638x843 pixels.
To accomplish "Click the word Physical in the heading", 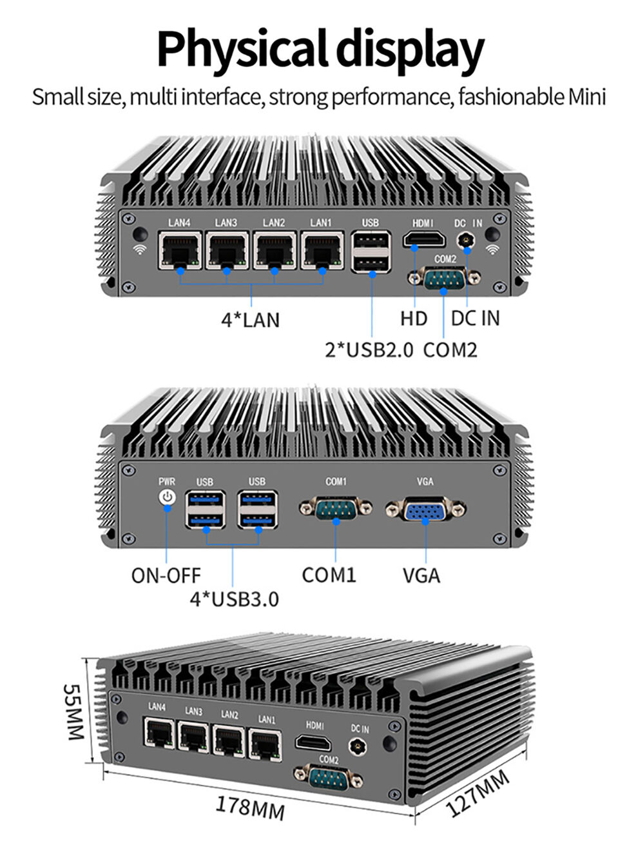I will [244, 50].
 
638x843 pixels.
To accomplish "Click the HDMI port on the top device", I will [424, 241].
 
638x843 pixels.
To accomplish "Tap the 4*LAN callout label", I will [251, 319].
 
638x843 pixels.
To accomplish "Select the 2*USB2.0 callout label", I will [369, 350].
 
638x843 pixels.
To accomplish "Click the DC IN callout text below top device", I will [475, 318].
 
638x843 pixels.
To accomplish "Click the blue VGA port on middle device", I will [425, 510].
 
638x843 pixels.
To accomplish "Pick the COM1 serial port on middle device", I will [336, 508].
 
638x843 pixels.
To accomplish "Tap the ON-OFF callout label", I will [166, 574].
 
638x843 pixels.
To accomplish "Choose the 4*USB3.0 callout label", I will [234, 599].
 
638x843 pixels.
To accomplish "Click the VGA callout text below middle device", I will [421, 574].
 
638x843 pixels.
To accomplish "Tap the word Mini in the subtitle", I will [586, 97].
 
